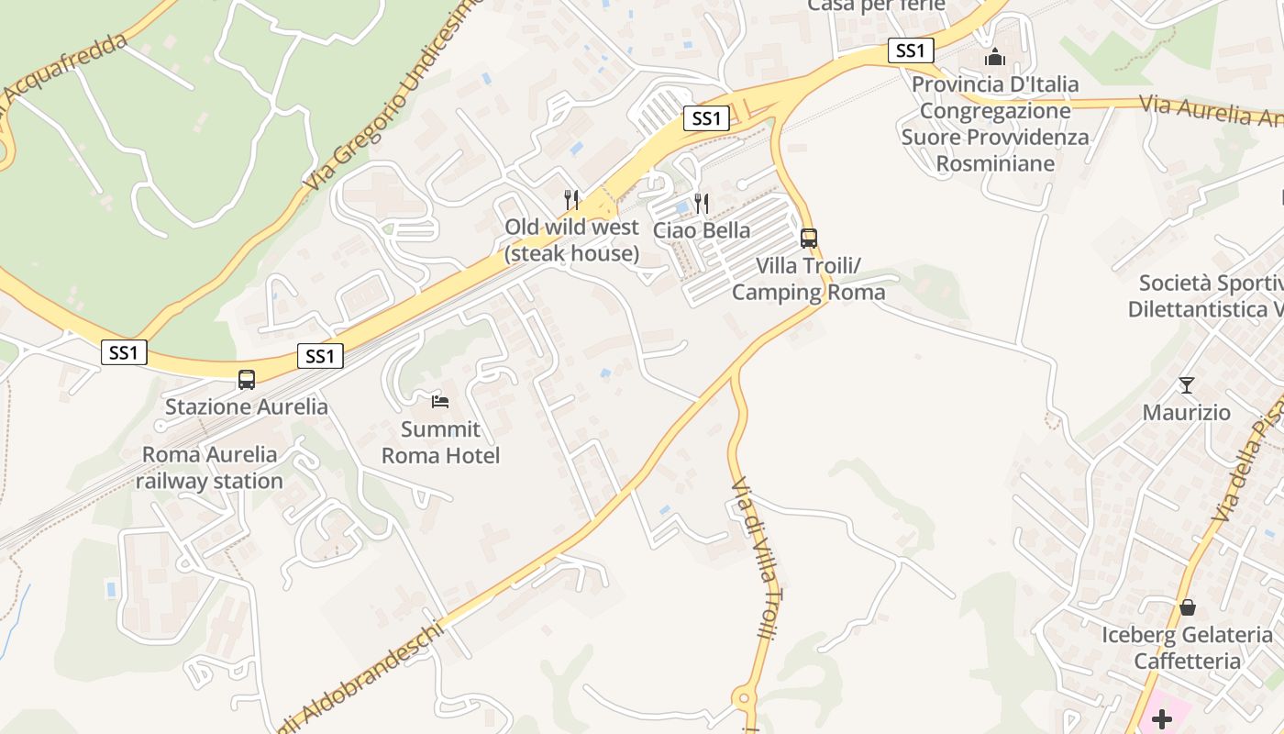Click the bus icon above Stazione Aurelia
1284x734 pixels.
(x=246, y=379)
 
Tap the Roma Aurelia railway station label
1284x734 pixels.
(x=209, y=468)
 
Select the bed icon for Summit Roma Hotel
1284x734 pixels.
(x=440, y=401)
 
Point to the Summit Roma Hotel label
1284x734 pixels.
(x=440, y=442)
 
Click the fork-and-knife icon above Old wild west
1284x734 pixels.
(x=571, y=198)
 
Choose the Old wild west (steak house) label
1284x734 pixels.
(x=571, y=240)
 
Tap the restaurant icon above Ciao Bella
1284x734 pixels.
(x=702, y=203)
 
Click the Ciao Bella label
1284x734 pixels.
(x=702, y=230)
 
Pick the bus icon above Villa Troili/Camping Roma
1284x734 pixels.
(x=808, y=238)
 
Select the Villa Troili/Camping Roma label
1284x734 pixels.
(x=808, y=279)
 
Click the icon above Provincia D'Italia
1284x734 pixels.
(x=995, y=57)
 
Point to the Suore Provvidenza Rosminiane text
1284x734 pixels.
(x=995, y=150)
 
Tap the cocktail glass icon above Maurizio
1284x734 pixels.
(x=1187, y=384)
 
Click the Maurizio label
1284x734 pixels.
(x=1187, y=413)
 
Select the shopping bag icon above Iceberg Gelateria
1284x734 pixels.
(x=1187, y=606)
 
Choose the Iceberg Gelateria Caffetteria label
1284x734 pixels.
(x=1187, y=648)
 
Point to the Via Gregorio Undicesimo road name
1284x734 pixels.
(x=394, y=96)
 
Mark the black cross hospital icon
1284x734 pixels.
(x=1162, y=718)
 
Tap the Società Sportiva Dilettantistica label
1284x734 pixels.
(x=1207, y=295)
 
